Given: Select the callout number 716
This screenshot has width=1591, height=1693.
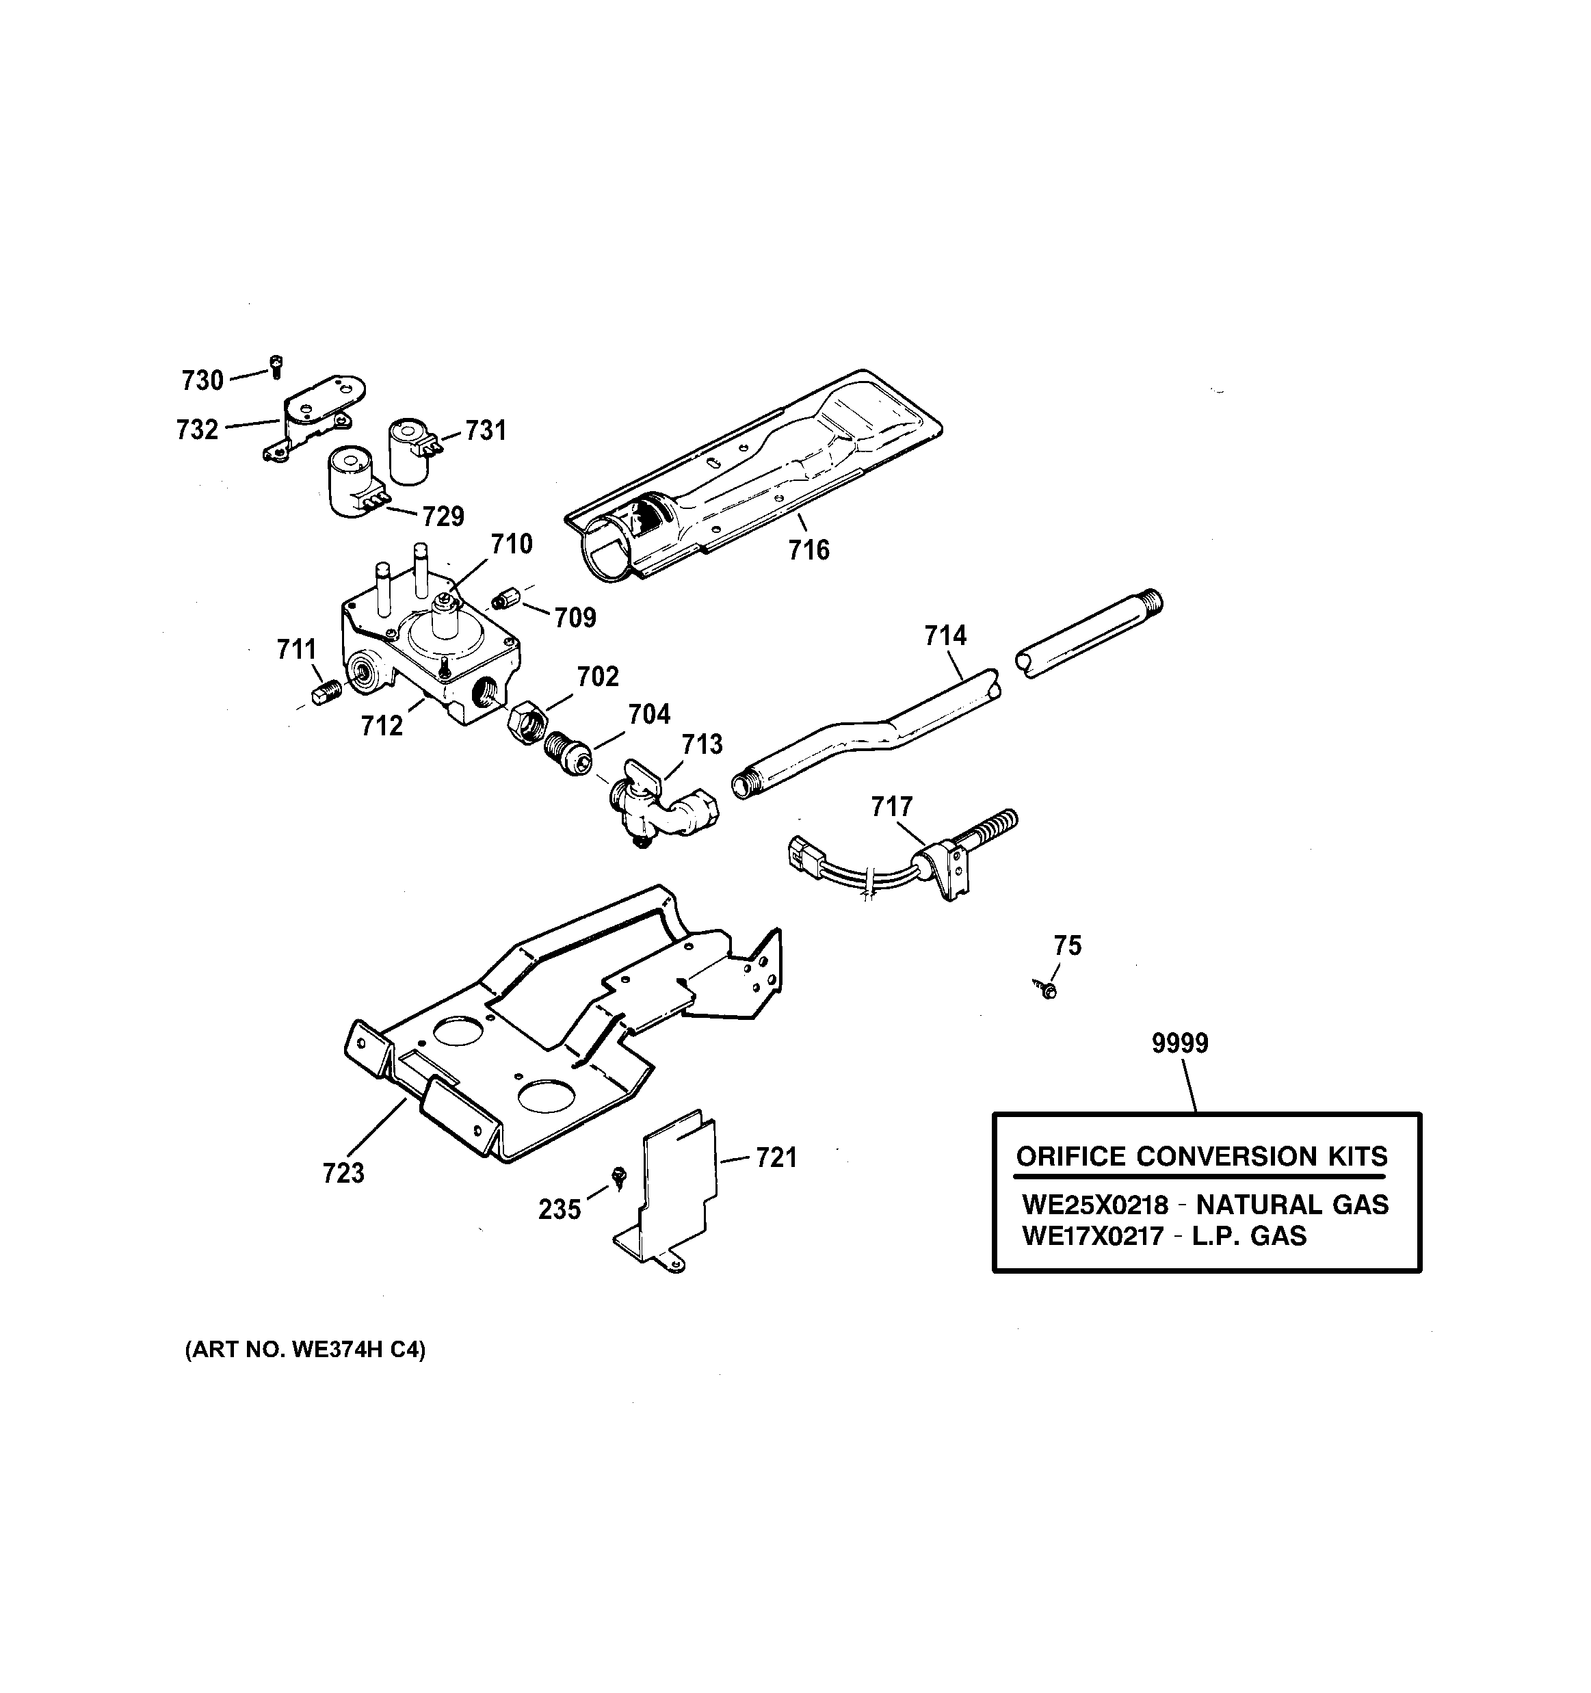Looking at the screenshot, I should tap(808, 550).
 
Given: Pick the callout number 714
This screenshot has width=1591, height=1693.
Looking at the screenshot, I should tap(945, 635).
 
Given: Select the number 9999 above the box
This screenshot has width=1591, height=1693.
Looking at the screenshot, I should tap(1180, 1043).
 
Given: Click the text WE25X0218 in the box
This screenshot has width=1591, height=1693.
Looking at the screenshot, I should tap(1094, 1205).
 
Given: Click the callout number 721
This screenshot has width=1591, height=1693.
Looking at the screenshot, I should tap(776, 1157).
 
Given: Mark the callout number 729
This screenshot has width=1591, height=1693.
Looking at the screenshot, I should tap(443, 516).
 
